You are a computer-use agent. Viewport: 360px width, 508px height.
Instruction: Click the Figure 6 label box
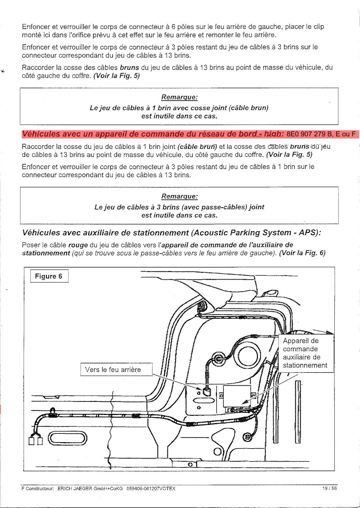click(x=49, y=276)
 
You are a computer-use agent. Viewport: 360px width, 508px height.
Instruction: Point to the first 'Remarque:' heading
click(x=180, y=97)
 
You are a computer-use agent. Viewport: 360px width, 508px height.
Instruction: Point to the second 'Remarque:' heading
click(x=180, y=196)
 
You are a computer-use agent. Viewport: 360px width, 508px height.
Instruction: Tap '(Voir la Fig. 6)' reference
click(x=301, y=253)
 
